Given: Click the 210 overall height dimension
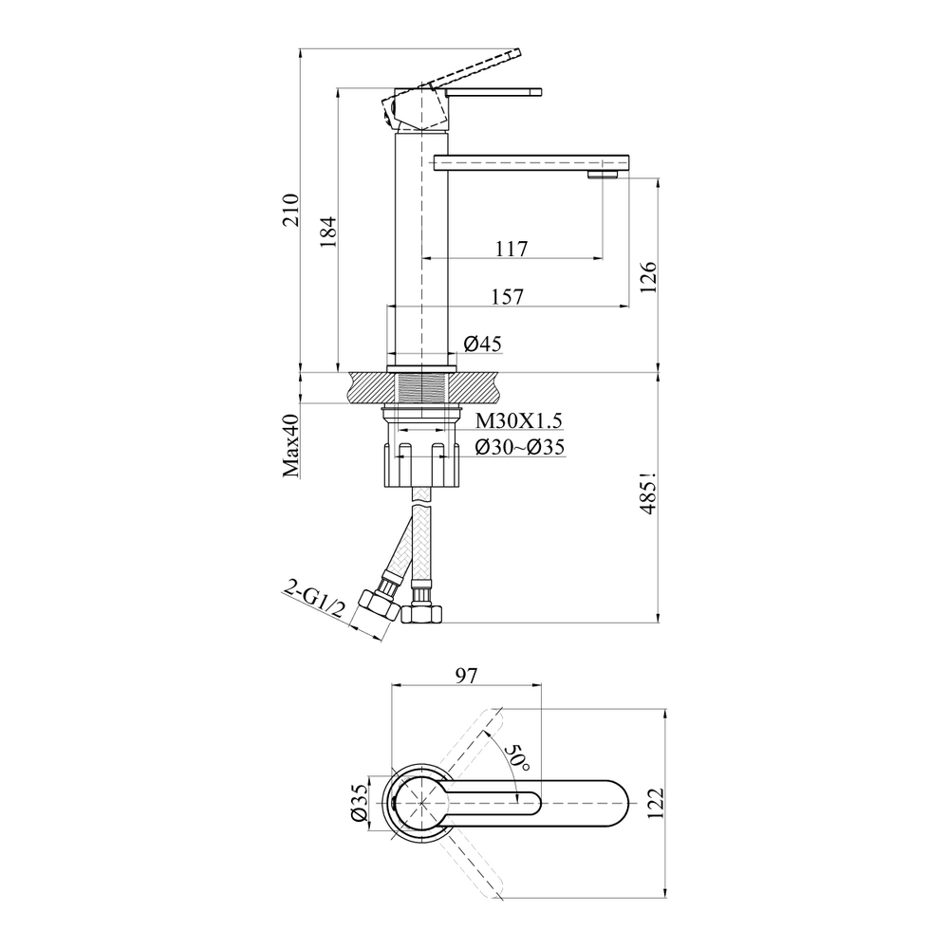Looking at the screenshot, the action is tap(291, 210).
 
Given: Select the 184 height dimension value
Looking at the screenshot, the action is tap(327, 232).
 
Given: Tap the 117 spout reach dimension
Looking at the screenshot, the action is tap(512, 248).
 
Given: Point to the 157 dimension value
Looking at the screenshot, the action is tap(507, 296).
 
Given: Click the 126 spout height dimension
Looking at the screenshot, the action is tap(647, 277).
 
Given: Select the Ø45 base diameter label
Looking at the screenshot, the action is tap(482, 344).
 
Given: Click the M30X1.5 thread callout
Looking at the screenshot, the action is tap(519, 420).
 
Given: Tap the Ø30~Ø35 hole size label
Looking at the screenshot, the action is tap(520, 447).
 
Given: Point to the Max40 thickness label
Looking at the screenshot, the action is tap(291, 447).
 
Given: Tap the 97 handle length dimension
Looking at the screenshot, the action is tap(466, 676).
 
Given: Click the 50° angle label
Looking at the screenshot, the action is tap(517, 756).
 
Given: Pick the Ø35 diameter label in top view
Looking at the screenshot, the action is tap(359, 803).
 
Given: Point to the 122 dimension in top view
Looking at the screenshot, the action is tap(656, 803).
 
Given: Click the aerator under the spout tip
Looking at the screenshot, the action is tap(604, 175).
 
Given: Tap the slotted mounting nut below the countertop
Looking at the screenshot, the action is tap(420, 465).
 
